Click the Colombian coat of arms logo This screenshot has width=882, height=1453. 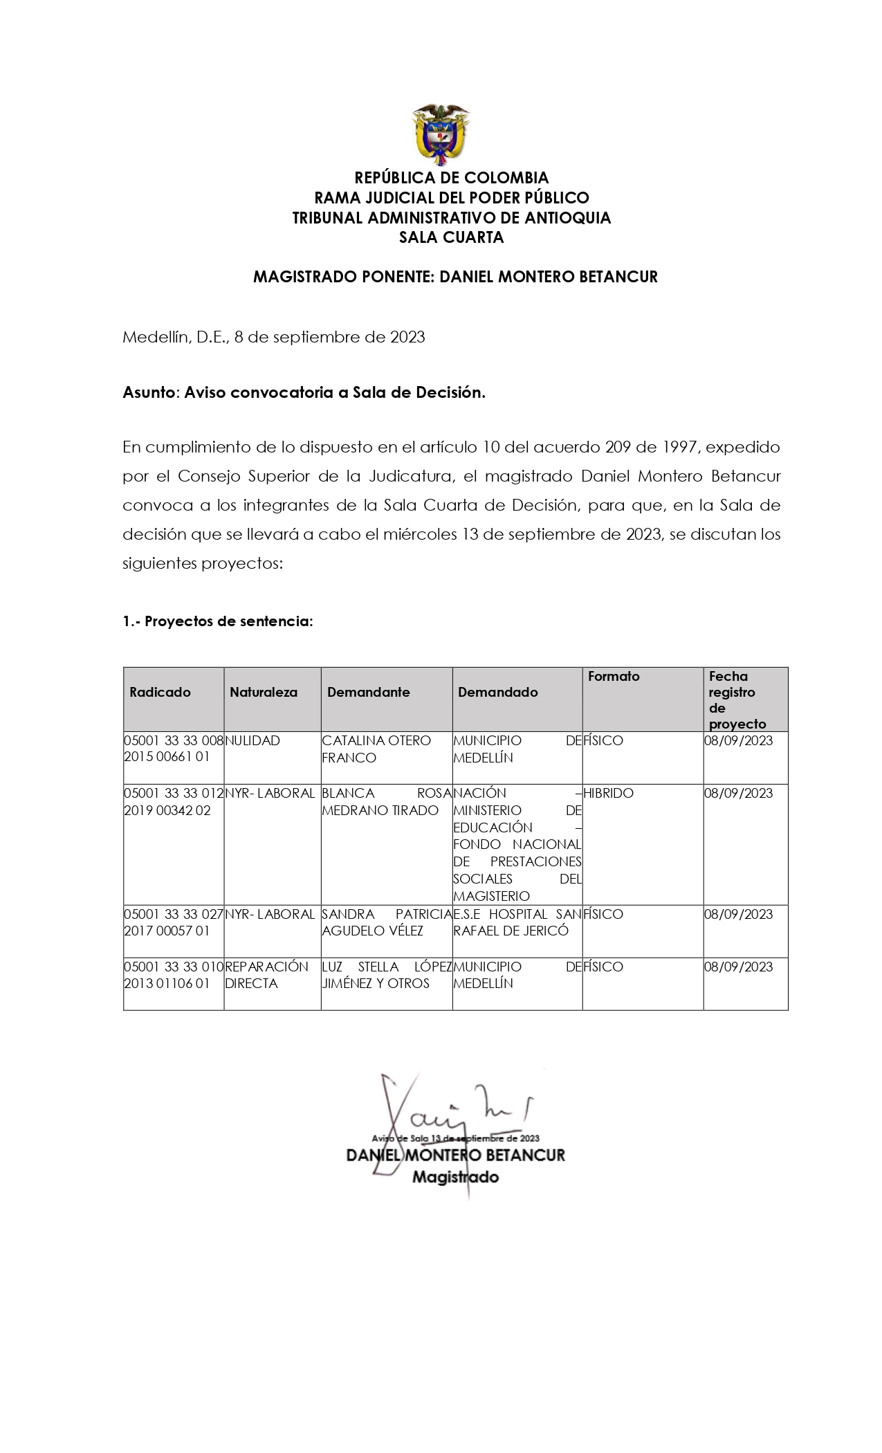[441, 136]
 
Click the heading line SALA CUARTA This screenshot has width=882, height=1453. [451, 238]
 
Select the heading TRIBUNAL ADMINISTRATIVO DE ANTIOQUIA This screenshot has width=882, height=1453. [451, 218]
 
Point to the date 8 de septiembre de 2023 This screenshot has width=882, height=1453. [329, 337]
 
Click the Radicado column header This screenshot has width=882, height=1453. [160, 692]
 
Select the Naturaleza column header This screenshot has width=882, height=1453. [264, 692]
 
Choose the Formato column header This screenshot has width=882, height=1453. [614, 676]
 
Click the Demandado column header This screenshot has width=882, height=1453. [497, 692]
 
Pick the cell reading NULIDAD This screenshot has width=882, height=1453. [252, 740]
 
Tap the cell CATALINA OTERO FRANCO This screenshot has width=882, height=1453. [376, 749]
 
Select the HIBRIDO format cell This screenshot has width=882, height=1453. [608, 793]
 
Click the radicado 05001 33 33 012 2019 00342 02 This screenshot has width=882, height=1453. [173, 801]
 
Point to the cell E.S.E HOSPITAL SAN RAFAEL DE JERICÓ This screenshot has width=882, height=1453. [517, 922]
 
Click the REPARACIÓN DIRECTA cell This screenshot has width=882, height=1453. [266, 975]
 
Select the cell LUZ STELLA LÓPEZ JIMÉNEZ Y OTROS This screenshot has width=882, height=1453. [386, 975]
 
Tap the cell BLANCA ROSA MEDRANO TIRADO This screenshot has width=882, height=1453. [386, 801]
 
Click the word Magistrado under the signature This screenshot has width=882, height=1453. [455, 1177]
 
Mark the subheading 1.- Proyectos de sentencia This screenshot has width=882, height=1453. [218, 621]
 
